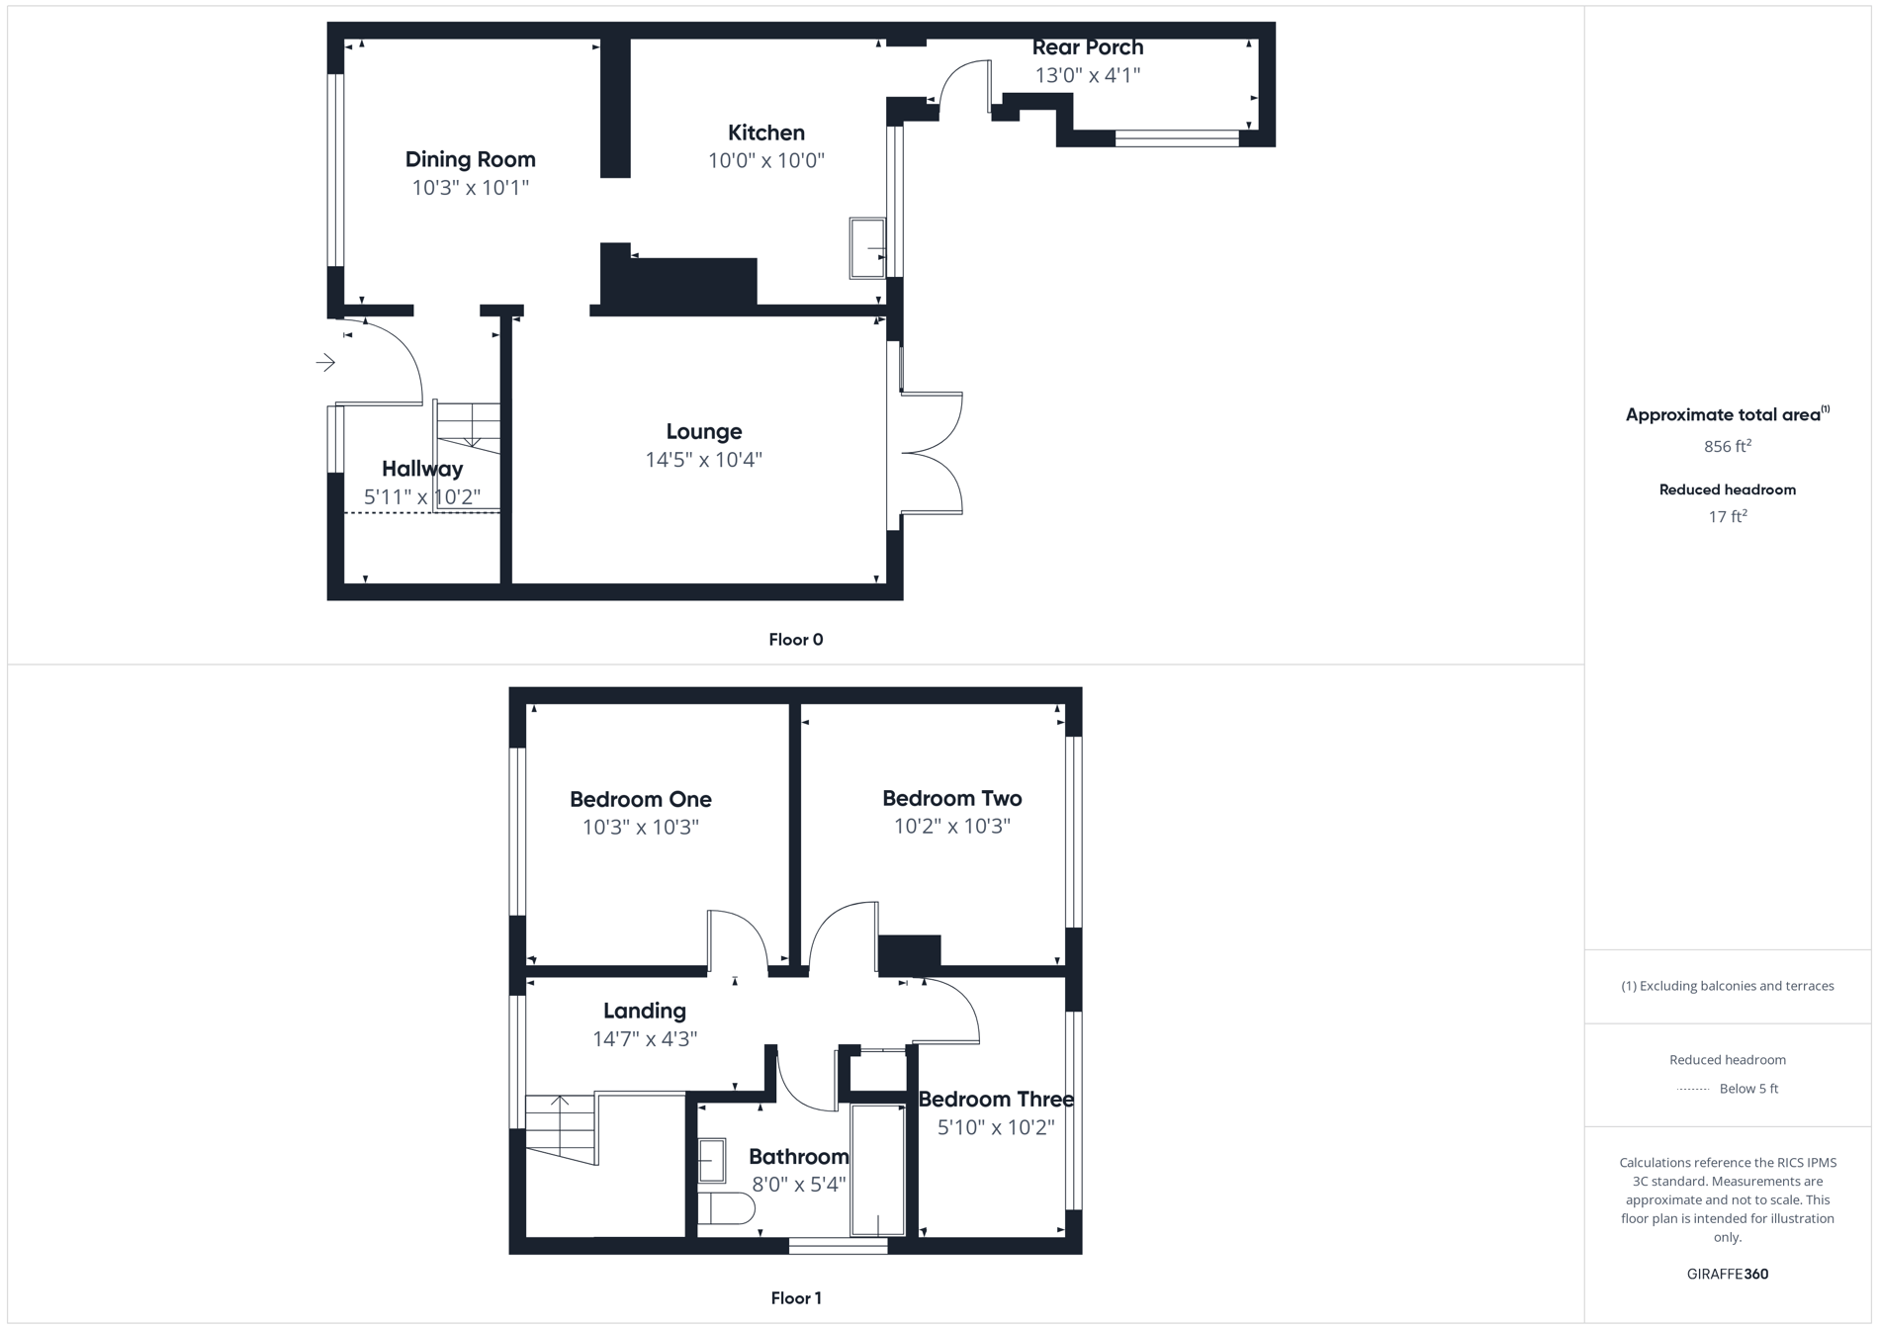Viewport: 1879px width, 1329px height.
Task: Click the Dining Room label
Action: [x=470, y=159]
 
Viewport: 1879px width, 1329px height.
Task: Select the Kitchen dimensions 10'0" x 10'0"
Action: [x=765, y=160]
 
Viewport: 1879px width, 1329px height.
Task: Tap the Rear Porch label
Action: [x=1087, y=47]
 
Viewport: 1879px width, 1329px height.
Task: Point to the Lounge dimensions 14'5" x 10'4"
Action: [x=703, y=459]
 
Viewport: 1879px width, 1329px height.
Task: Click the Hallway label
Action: [x=422, y=469]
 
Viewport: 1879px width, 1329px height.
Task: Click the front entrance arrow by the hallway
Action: [x=325, y=363]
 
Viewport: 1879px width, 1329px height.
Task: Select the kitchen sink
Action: [x=867, y=248]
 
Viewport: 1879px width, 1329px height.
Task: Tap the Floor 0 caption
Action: [x=795, y=640]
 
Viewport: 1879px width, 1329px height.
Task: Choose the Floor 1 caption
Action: [x=795, y=1298]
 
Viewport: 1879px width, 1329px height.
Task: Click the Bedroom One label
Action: [x=640, y=799]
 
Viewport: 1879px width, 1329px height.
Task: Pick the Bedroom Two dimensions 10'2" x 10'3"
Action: [x=951, y=826]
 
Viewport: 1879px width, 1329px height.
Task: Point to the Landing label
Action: [x=644, y=1011]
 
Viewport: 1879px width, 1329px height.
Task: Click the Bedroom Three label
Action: [x=995, y=1099]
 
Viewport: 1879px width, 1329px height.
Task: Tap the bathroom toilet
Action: [x=725, y=1208]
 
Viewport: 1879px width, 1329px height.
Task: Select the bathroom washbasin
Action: [x=711, y=1160]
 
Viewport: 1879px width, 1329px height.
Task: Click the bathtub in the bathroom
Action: [x=877, y=1170]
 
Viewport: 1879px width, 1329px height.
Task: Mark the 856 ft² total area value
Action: [x=1727, y=446]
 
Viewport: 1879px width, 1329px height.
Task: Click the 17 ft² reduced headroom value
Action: [x=1727, y=516]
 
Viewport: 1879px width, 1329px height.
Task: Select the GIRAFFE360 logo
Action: [x=1727, y=1274]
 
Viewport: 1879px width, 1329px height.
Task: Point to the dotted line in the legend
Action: [x=1693, y=1089]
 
